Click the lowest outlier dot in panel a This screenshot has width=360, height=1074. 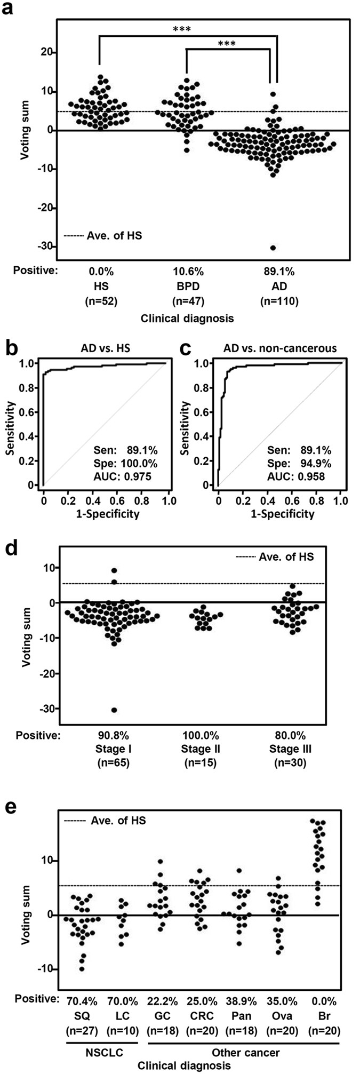click(x=273, y=248)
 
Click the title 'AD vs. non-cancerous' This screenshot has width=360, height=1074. click(x=279, y=349)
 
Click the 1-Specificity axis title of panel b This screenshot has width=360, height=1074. click(x=106, y=514)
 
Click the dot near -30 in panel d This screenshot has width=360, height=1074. click(x=114, y=710)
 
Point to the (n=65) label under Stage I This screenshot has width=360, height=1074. click(x=114, y=762)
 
